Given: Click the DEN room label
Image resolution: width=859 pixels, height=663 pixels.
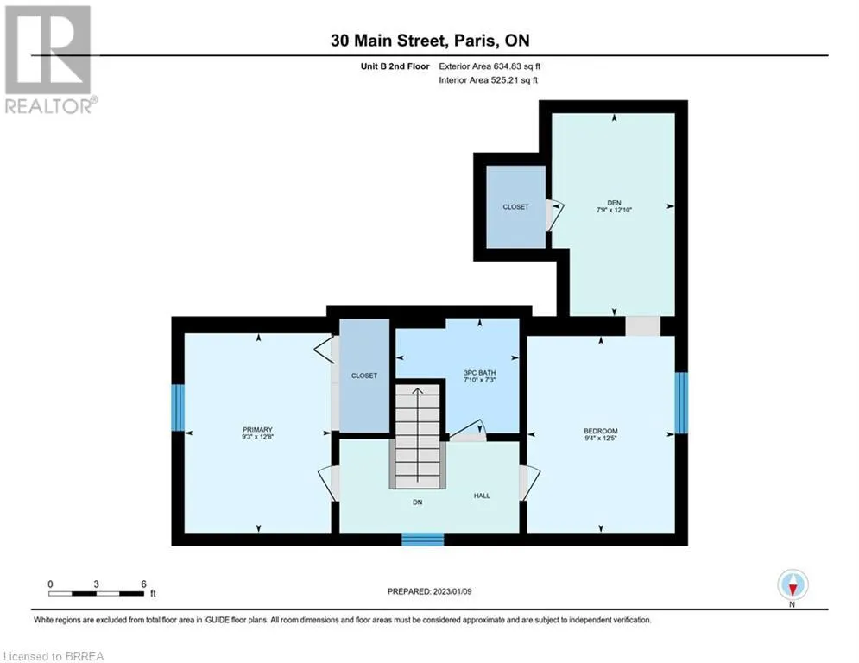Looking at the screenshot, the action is click(614, 203).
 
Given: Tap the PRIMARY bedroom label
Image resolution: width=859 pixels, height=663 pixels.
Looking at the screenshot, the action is click(257, 430).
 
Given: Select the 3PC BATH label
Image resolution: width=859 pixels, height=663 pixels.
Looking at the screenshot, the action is click(479, 373).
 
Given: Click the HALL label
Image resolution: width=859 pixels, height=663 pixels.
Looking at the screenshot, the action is click(482, 496).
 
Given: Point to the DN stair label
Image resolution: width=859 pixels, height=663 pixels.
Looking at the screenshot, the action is click(418, 502).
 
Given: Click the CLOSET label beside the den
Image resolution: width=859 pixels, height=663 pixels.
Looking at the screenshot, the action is click(515, 206).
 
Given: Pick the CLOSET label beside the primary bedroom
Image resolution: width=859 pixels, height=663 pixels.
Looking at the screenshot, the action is click(363, 376).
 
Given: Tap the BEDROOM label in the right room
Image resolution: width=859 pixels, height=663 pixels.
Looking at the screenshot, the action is click(600, 432).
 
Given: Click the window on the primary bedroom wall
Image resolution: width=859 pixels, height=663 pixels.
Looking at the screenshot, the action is click(178, 407).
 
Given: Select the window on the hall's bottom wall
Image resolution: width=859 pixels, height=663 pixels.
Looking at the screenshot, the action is click(423, 540).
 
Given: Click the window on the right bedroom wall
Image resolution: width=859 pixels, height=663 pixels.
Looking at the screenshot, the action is click(681, 403).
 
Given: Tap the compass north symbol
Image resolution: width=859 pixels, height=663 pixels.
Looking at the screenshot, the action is click(793, 585).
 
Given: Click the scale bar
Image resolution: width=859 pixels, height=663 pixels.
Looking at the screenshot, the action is click(97, 593).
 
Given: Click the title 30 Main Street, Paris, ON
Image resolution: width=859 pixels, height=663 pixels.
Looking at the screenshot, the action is click(430, 41).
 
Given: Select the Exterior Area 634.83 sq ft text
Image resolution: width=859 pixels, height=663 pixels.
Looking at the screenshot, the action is click(490, 66).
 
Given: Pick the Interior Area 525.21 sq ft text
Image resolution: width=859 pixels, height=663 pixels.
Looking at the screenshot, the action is click(488, 80).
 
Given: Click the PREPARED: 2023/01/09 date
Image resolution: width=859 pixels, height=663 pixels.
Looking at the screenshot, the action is click(430, 591).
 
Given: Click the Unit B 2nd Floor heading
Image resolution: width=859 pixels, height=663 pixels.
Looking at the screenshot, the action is click(395, 66).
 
